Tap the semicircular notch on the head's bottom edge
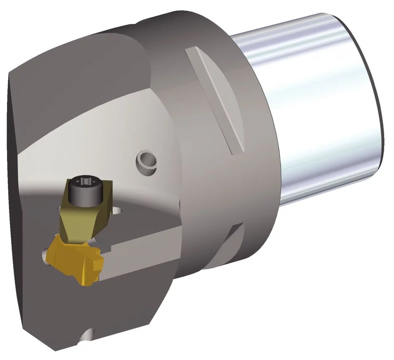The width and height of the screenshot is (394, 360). coord(87,334)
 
